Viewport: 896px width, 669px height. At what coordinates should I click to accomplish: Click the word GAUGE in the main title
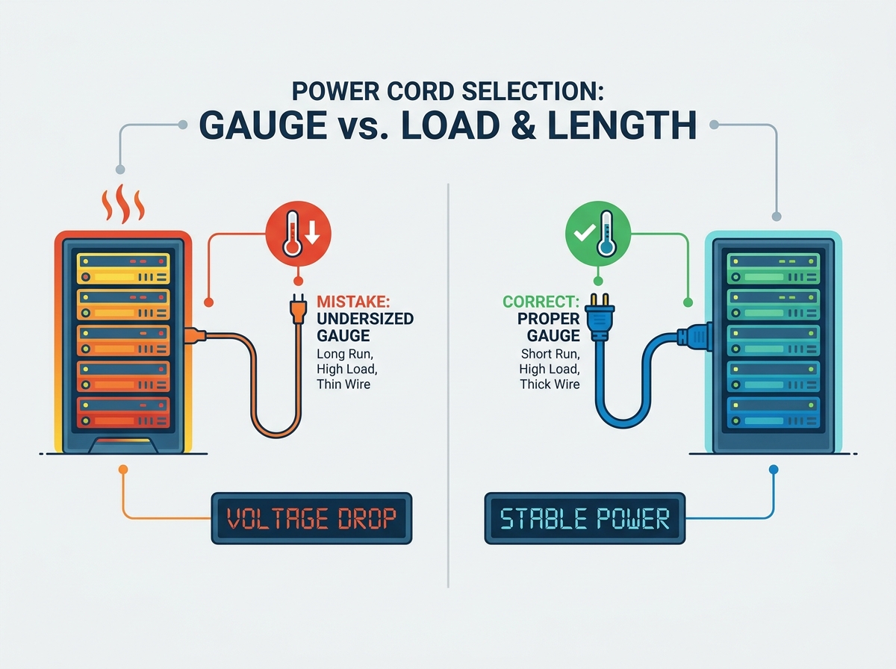click(x=263, y=125)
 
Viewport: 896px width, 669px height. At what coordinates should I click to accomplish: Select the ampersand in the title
click(x=523, y=125)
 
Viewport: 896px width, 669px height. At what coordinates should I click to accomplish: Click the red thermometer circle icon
click(x=299, y=234)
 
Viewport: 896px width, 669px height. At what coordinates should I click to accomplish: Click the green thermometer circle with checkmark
click(x=598, y=234)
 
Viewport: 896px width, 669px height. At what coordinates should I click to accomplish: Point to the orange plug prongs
click(x=298, y=298)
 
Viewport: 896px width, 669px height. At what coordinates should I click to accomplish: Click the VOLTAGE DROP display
click(x=311, y=518)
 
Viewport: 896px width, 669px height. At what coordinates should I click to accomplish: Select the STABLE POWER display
click(x=585, y=518)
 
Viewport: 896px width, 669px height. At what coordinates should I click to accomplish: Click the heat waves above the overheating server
click(x=123, y=203)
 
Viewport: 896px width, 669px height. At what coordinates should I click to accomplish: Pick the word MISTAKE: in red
click(x=353, y=302)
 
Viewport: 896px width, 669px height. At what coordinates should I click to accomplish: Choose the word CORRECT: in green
click(x=541, y=302)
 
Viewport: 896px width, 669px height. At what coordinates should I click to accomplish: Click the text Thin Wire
click(x=343, y=384)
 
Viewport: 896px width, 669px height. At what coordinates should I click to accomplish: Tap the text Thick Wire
click(x=550, y=384)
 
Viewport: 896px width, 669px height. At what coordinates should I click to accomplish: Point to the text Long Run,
click(x=345, y=353)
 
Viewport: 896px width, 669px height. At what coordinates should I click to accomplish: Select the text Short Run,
click(x=550, y=353)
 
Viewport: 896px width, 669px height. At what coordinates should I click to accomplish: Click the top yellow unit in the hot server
click(x=123, y=269)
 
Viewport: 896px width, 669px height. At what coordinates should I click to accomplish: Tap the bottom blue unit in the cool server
click(x=773, y=412)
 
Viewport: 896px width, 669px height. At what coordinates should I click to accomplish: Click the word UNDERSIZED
click(x=365, y=319)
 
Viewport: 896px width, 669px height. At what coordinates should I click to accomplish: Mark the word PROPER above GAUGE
click(x=549, y=319)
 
